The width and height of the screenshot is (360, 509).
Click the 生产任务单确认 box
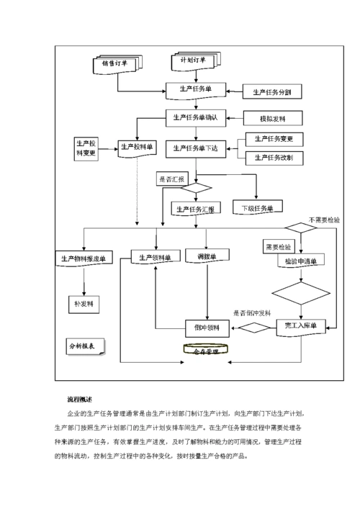196,117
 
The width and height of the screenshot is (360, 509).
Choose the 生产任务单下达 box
196,148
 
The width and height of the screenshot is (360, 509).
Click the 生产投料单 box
137,148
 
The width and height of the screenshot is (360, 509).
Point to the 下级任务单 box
257,208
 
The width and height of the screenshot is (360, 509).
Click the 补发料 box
84,304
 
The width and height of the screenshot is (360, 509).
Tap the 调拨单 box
207,256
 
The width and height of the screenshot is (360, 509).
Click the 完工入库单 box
301,327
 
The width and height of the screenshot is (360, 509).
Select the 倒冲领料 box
207,328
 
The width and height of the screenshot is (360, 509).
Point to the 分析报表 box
85,346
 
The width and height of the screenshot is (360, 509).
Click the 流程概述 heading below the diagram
79,399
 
